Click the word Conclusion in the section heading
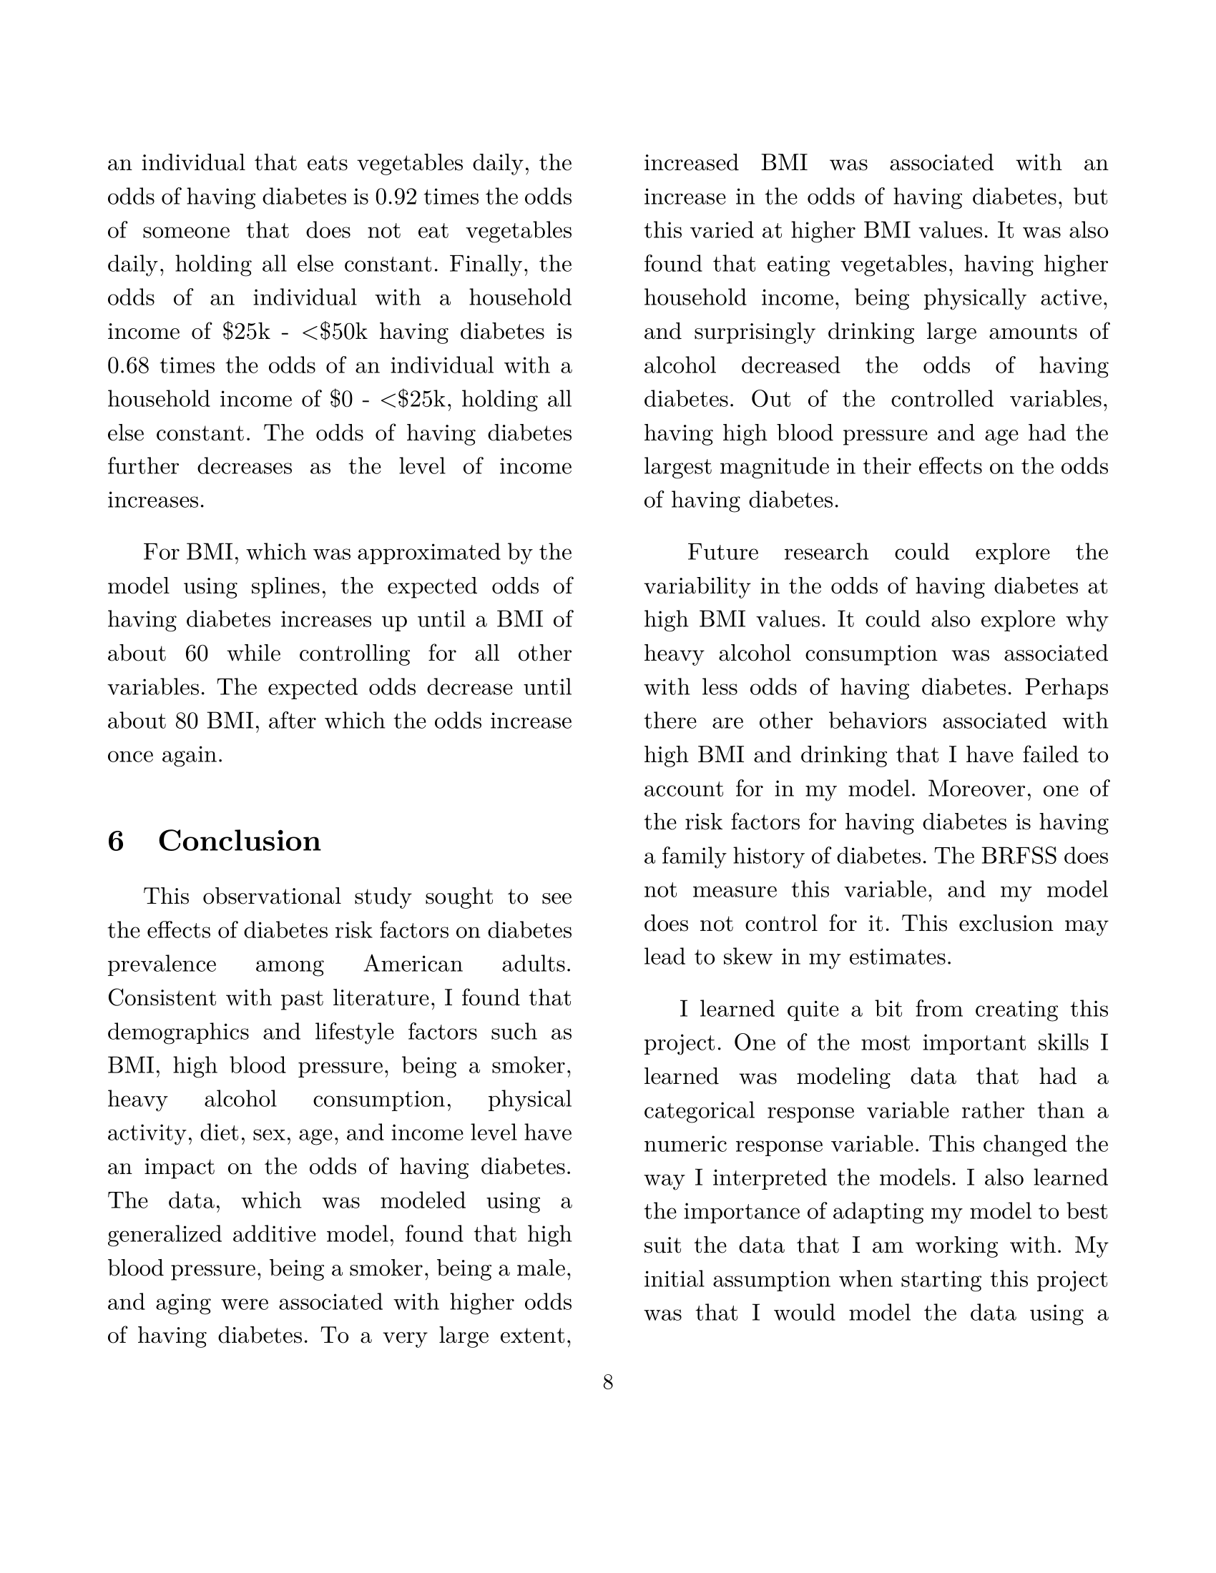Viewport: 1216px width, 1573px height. [239, 842]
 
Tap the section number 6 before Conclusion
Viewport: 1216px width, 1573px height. [115, 842]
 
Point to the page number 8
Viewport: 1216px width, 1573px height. [608, 1382]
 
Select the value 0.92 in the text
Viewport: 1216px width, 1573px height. [396, 197]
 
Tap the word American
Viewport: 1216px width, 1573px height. [413, 965]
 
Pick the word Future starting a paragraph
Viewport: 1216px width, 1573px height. [722, 553]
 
